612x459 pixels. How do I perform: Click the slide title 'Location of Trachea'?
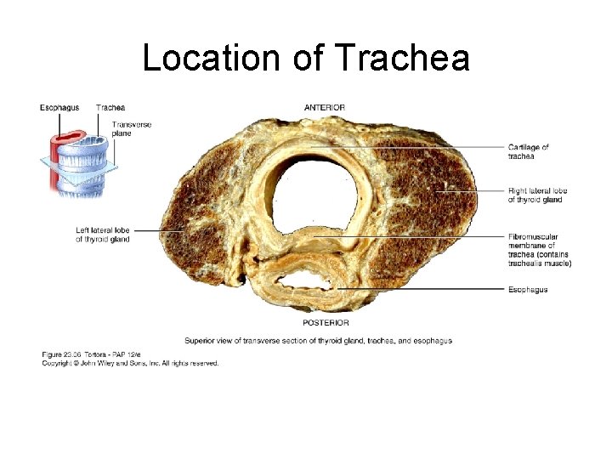coord(306,58)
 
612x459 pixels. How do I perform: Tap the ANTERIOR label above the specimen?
coord(324,107)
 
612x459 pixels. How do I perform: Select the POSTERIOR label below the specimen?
coord(325,323)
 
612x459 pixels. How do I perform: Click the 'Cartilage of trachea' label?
coord(528,152)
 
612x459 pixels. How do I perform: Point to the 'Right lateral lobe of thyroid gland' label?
coord(537,195)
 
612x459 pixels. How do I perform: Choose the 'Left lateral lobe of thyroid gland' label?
coord(102,235)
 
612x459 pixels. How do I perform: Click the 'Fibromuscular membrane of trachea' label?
coord(539,250)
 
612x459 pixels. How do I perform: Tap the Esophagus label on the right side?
coord(527,290)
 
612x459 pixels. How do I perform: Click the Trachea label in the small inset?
coord(110,107)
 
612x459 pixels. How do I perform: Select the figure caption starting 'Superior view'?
coord(318,341)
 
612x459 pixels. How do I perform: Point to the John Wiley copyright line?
coord(130,363)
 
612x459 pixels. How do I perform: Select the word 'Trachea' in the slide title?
coord(403,58)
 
